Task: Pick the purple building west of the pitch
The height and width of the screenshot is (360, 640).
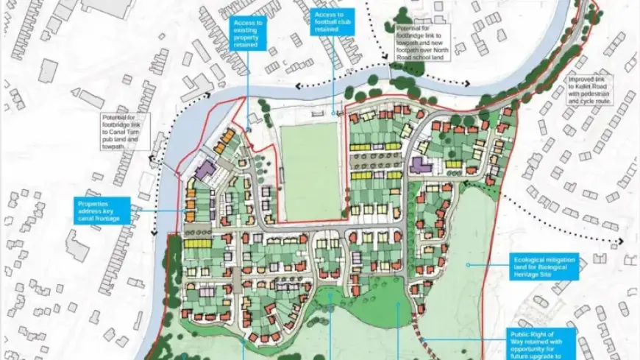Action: [x=205, y=170]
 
